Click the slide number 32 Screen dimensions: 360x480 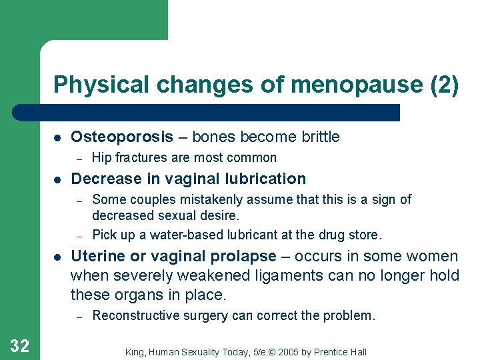click(19, 345)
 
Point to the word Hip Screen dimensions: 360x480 click(101, 158)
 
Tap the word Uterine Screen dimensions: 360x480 click(96, 257)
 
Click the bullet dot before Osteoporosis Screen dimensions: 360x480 click(57, 138)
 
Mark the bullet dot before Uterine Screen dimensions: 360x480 click(57, 257)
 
